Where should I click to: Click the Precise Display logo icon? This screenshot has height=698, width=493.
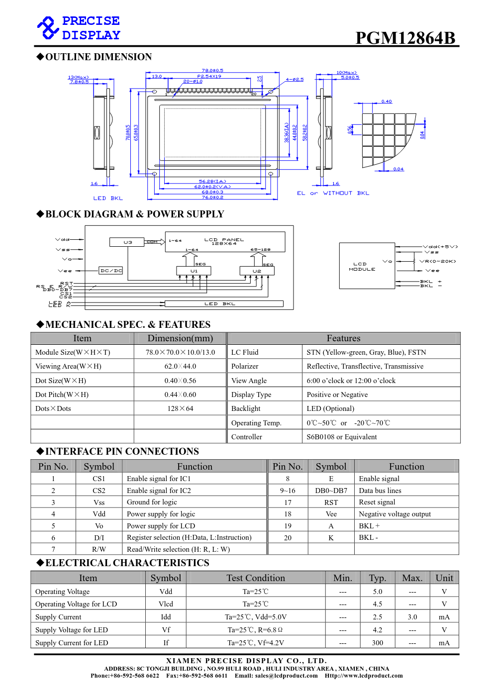pos(48,28)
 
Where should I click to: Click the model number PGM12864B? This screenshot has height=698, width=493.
pos(405,38)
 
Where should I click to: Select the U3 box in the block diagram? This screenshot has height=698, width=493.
pos(127,242)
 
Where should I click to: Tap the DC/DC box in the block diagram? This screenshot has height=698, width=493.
pos(111,271)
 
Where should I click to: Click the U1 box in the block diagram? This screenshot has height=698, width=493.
pos(194,271)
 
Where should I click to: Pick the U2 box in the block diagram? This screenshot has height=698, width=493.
pos(257,271)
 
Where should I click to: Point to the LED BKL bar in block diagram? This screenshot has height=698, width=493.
pos(224,303)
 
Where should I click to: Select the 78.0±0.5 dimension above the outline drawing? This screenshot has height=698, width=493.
pos(212,71)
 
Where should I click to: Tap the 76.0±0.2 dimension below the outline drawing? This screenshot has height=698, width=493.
pos(212,198)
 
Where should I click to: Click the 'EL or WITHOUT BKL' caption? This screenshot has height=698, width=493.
pos(333,193)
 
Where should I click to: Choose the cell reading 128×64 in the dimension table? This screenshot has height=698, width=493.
pos(180,408)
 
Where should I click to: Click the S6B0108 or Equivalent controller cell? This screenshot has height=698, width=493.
pos(341,437)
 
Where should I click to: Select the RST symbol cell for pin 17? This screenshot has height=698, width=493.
pos(331,502)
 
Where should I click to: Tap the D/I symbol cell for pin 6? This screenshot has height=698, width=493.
pos(99,538)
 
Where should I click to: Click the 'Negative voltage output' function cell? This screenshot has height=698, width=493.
pos(394,514)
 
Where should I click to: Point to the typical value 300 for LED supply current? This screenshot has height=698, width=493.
pos(377,643)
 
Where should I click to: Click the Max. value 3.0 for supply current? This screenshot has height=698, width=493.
pos(412,617)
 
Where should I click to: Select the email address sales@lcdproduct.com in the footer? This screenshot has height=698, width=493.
pos(286,676)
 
